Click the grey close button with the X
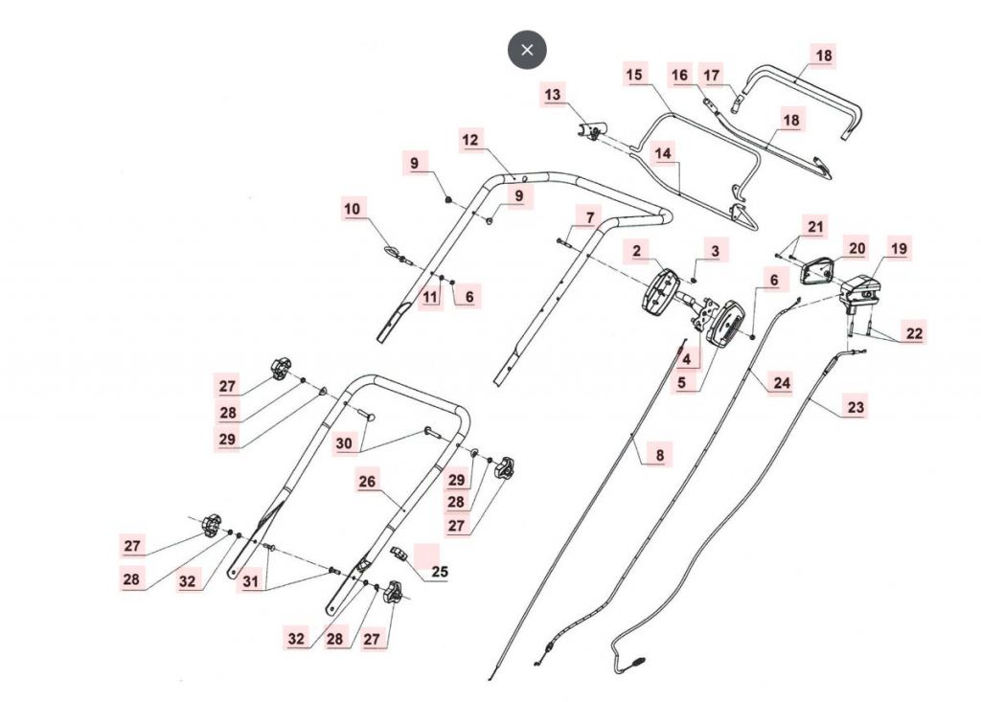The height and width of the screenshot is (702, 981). [x=527, y=50]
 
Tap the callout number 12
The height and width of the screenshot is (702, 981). [x=470, y=140]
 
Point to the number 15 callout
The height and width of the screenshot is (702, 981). [x=633, y=75]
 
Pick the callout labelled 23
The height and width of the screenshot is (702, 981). [x=856, y=407]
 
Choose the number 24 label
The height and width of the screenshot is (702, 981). [x=782, y=383]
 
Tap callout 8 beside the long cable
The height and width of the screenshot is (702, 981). [x=659, y=456]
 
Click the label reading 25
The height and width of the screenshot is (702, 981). [x=440, y=572]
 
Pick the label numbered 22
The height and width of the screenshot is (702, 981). [x=914, y=332]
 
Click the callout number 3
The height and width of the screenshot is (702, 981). [x=714, y=251]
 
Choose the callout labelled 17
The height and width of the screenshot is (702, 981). [x=738, y=75]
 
